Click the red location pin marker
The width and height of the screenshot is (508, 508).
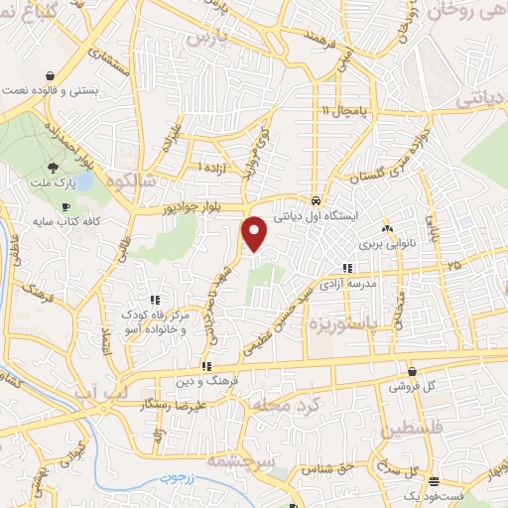click(256, 234)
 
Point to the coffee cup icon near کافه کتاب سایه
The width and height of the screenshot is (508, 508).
click(65, 206)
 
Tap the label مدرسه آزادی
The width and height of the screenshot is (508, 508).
click(346, 283)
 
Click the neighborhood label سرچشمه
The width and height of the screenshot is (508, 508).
click(240, 461)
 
